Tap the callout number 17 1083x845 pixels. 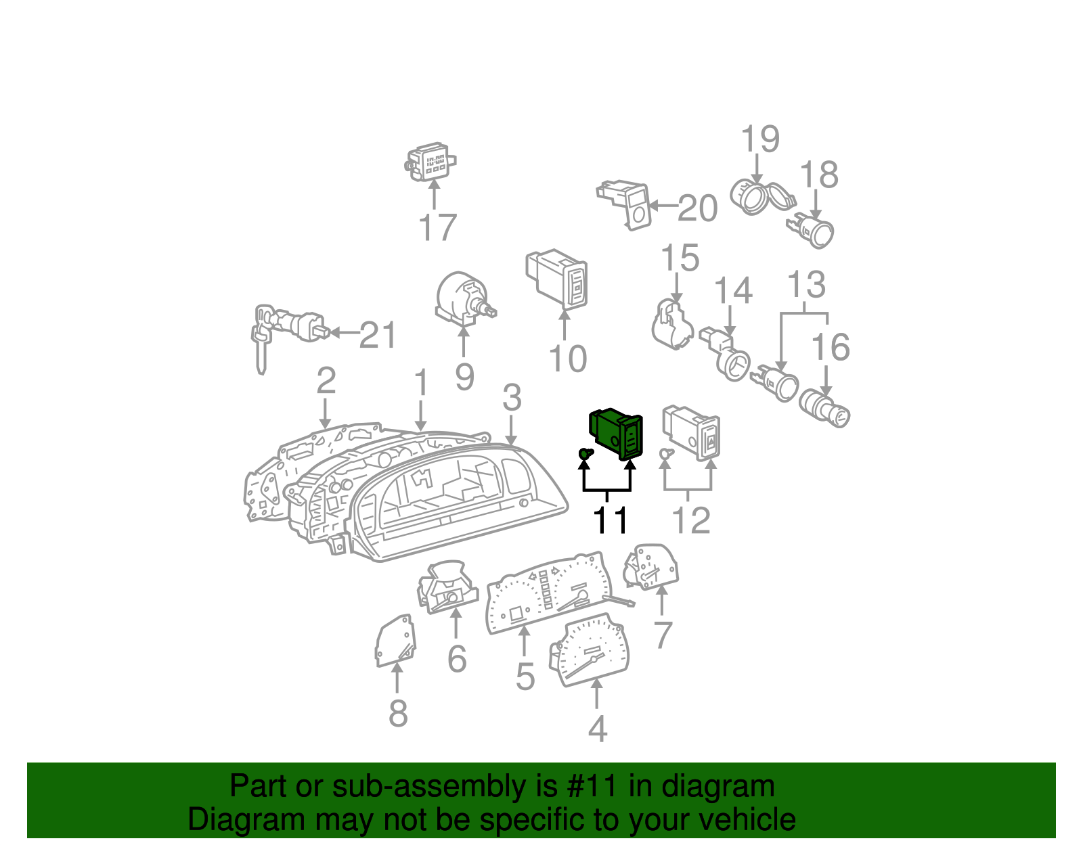(x=437, y=227)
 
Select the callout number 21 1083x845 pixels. (x=378, y=335)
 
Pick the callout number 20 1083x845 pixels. (x=698, y=208)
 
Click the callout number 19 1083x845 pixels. (x=761, y=139)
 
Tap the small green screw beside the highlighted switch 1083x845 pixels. (x=585, y=454)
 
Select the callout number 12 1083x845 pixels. (x=691, y=520)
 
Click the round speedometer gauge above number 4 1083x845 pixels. (x=589, y=649)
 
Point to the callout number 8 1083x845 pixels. (x=398, y=713)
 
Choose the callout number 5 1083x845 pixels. (x=525, y=677)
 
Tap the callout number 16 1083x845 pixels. (x=831, y=346)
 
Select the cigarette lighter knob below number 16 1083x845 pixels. (x=824, y=409)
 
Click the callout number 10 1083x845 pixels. (x=568, y=359)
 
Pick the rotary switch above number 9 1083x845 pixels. (x=465, y=297)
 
